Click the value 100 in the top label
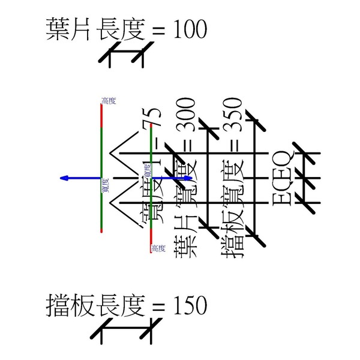pos(190,30)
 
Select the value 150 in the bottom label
pos(190,306)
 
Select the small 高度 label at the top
pos(109,101)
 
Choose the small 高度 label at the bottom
pos(158,248)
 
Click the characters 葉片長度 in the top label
pos(96,30)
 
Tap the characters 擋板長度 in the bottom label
pos(96,306)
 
